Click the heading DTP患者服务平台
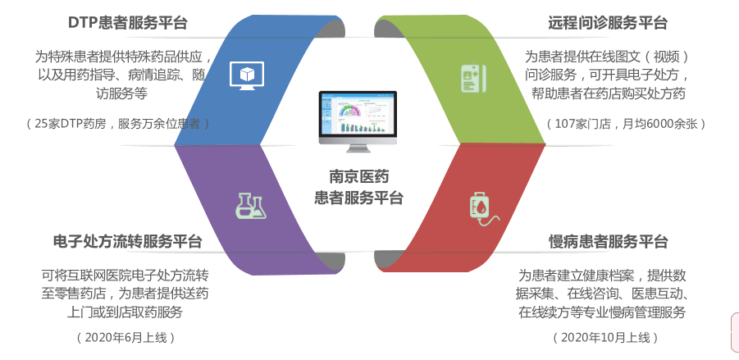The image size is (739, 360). tap(127, 23)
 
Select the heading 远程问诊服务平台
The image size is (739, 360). tap(608, 23)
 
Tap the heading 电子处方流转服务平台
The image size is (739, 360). tap(127, 242)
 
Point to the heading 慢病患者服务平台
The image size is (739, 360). tap(608, 242)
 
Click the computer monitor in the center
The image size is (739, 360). tap(358, 121)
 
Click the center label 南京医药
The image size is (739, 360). tap(358, 176)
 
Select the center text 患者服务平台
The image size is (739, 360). tap(358, 197)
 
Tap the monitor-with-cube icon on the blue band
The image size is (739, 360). tap(245, 75)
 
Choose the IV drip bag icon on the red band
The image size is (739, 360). tap(481, 208)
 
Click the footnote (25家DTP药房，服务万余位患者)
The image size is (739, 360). tap(118, 124)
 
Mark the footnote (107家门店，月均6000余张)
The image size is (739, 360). tap(626, 124)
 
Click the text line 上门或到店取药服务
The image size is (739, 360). tap(125, 312)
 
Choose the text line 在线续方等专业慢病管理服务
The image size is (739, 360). tap(601, 312)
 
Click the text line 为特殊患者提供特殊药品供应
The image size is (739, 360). tap(123, 57)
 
